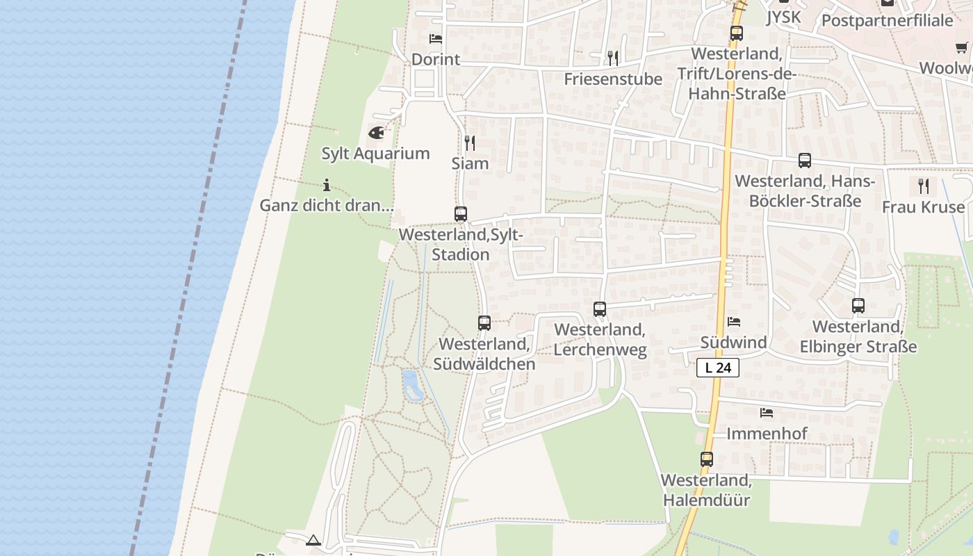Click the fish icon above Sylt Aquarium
click(x=376, y=132)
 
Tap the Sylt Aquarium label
click(x=375, y=153)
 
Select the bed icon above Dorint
click(x=436, y=39)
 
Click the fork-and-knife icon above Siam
click(x=470, y=143)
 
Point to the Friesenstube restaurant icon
click(x=612, y=58)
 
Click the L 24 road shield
click(x=718, y=368)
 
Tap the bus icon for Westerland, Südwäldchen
click(x=484, y=322)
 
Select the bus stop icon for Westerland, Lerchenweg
click(x=600, y=309)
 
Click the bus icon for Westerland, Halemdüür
click(x=707, y=459)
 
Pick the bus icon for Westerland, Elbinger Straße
click(x=858, y=305)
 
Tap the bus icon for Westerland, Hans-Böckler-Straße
click(x=805, y=161)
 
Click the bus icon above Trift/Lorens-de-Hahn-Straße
click(x=737, y=33)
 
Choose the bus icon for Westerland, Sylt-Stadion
click(x=461, y=214)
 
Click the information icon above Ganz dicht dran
click(x=327, y=185)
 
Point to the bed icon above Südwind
click(x=734, y=322)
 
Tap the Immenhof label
click(x=767, y=434)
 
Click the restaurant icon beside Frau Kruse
click(x=923, y=186)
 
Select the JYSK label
click(x=783, y=17)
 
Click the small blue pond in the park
click(x=411, y=386)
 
